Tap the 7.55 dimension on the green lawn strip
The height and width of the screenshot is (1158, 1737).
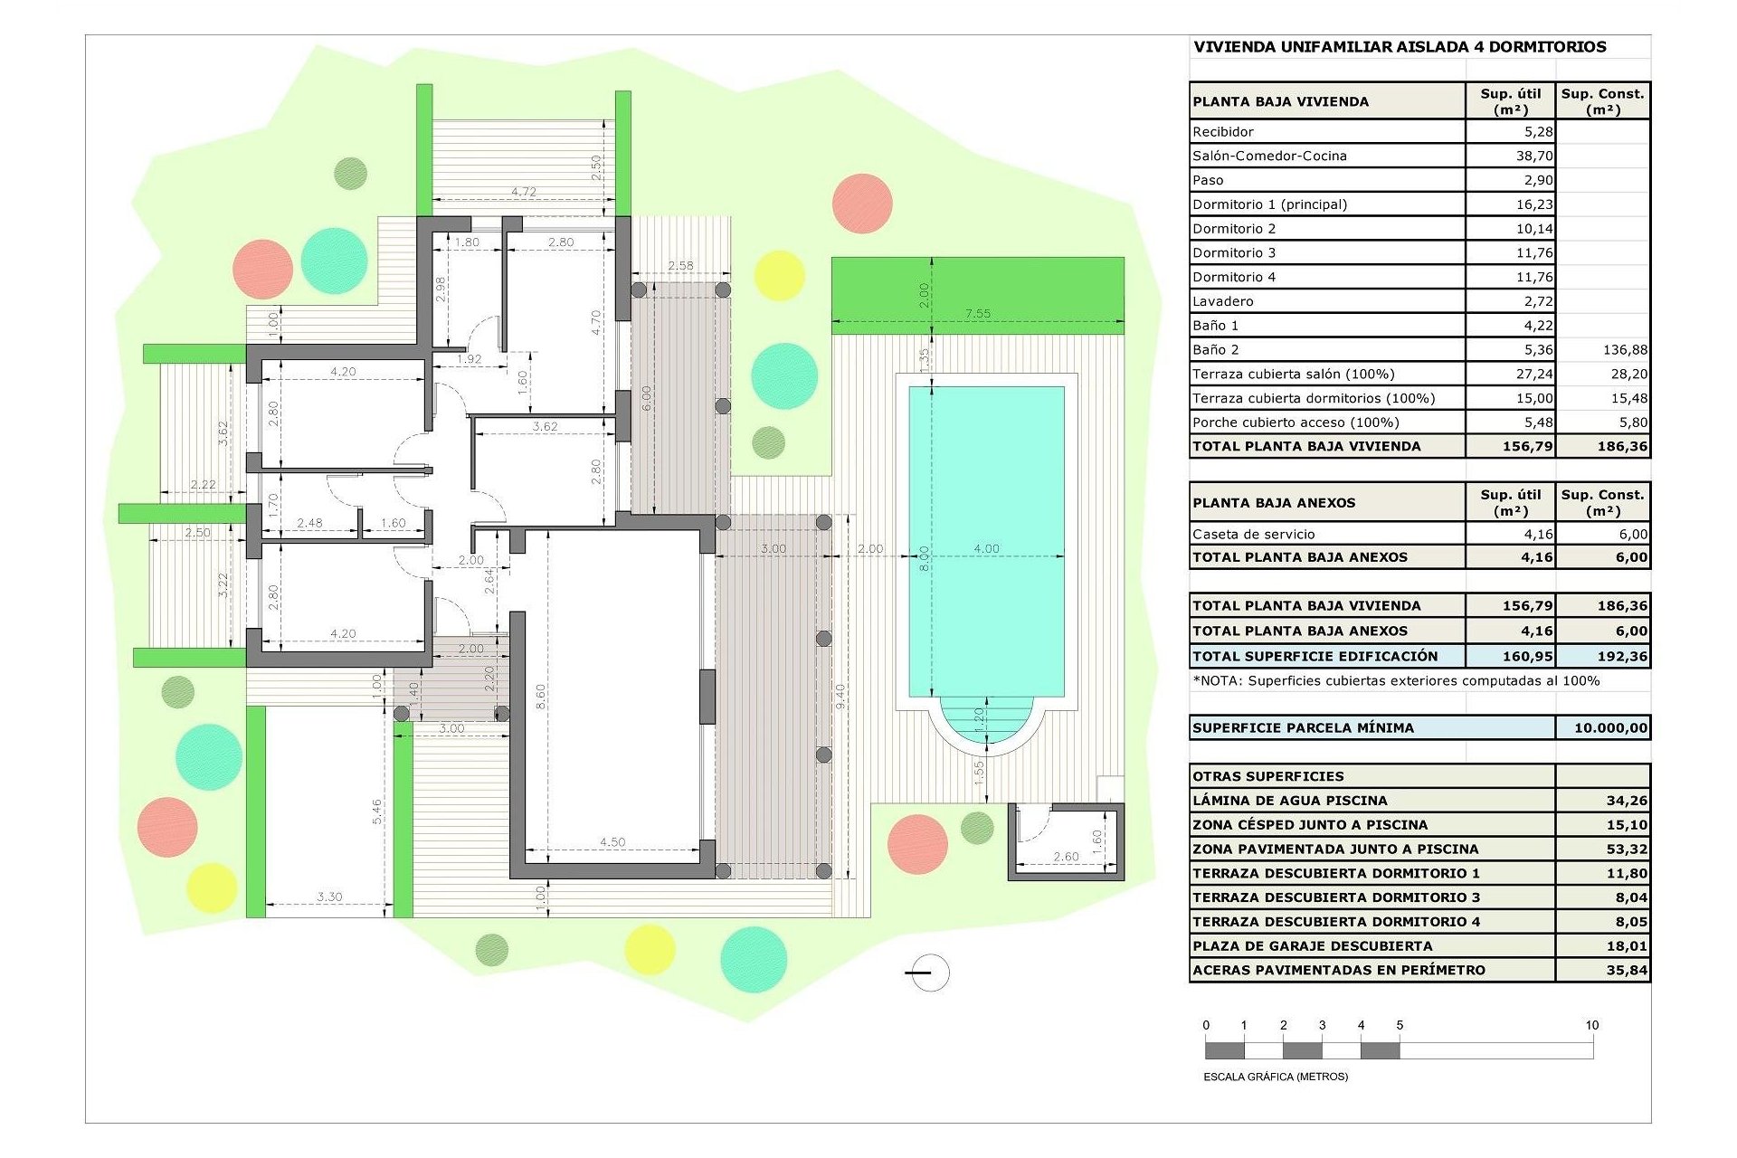tap(977, 314)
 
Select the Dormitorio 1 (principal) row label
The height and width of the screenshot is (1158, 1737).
tap(1269, 204)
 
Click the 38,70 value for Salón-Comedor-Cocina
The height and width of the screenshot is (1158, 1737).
tap(1534, 156)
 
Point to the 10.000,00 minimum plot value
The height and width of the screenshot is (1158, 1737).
tap(1610, 727)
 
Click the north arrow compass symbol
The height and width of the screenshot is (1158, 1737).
tap(929, 973)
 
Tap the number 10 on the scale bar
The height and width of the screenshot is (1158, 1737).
tap(1591, 1025)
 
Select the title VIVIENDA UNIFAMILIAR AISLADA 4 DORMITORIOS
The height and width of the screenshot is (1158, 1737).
tap(1400, 47)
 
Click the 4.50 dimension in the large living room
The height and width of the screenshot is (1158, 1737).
tap(612, 842)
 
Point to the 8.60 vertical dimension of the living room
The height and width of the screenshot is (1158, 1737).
tap(540, 696)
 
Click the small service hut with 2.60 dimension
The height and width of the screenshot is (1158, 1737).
tap(1066, 841)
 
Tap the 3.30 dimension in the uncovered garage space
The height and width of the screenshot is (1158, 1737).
tap(329, 897)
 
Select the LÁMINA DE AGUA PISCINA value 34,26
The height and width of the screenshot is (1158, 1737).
tap(1626, 801)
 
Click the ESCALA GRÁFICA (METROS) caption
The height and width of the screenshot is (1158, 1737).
tap(1276, 1077)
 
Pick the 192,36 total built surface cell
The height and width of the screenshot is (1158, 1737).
tap(1622, 656)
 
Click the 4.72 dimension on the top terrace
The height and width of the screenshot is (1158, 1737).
tap(523, 192)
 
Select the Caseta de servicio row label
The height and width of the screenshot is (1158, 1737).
tap(1253, 534)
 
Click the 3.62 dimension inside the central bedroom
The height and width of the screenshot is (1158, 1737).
tap(545, 426)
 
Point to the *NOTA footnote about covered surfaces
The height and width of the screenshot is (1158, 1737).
tap(1396, 680)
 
